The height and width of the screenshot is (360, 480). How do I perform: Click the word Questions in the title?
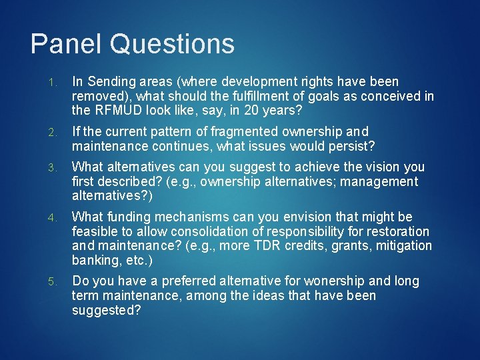(x=173, y=44)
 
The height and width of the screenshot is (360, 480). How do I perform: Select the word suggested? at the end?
(x=107, y=310)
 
